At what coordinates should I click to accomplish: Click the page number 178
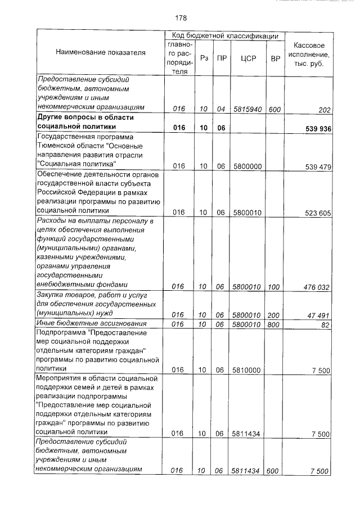(181, 17)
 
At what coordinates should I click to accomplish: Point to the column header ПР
(222, 57)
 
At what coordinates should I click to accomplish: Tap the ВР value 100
(274, 287)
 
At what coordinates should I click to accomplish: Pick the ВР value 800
(274, 325)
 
